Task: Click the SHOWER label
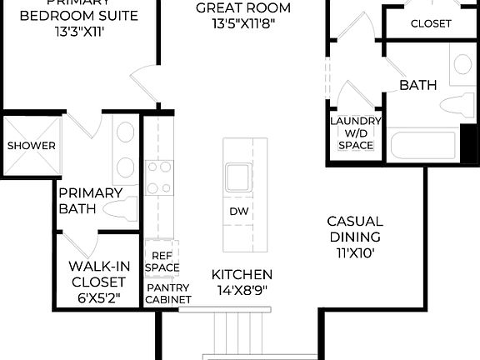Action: [32, 146]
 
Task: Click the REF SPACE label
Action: [162, 262]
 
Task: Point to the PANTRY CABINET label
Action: [169, 293]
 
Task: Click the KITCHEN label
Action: [242, 274]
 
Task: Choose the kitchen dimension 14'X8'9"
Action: [242, 291]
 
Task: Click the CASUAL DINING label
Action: [355, 229]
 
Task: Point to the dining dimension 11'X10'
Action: [355, 252]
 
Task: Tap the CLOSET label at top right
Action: [431, 24]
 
